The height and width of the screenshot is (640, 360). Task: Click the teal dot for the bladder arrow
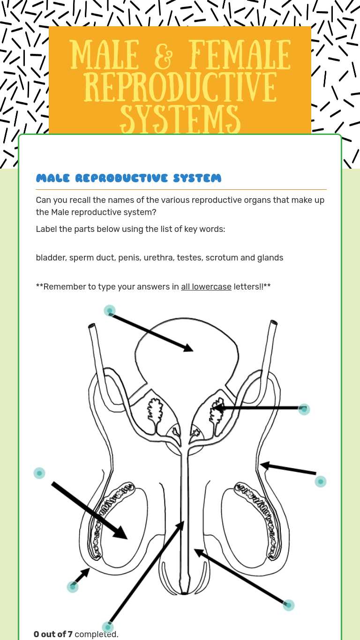pyautogui.click(x=109, y=311)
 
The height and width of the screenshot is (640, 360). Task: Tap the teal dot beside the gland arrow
pyautogui.click(x=304, y=409)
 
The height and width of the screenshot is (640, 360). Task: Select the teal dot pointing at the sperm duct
pyautogui.click(x=320, y=481)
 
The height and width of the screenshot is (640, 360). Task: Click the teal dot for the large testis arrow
pyautogui.click(x=39, y=473)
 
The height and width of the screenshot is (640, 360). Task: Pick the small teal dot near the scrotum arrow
pyautogui.click(x=73, y=587)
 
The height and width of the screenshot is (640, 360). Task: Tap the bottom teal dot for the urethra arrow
pyautogui.click(x=108, y=627)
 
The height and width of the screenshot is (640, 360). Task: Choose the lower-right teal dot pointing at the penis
pyautogui.click(x=289, y=605)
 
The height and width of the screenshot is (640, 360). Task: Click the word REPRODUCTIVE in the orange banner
pyautogui.click(x=180, y=87)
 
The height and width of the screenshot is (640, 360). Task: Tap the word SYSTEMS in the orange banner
pyautogui.click(x=180, y=118)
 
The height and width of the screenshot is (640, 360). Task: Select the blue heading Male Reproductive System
pyautogui.click(x=128, y=178)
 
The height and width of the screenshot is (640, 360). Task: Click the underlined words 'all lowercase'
pyautogui.click(x=206, y=287)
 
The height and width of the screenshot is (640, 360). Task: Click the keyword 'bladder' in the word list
pyautogui.click(x=50, y=258)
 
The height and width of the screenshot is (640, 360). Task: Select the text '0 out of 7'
pyautogui.click(x=53, y=634)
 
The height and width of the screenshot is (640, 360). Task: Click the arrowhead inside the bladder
pyautogui.click(x=188, y=348)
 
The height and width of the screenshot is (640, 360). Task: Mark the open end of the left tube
pyautogui.click(x=92, y=325)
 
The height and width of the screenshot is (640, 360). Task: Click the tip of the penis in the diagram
pyautogui.click(x=185, y=593)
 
